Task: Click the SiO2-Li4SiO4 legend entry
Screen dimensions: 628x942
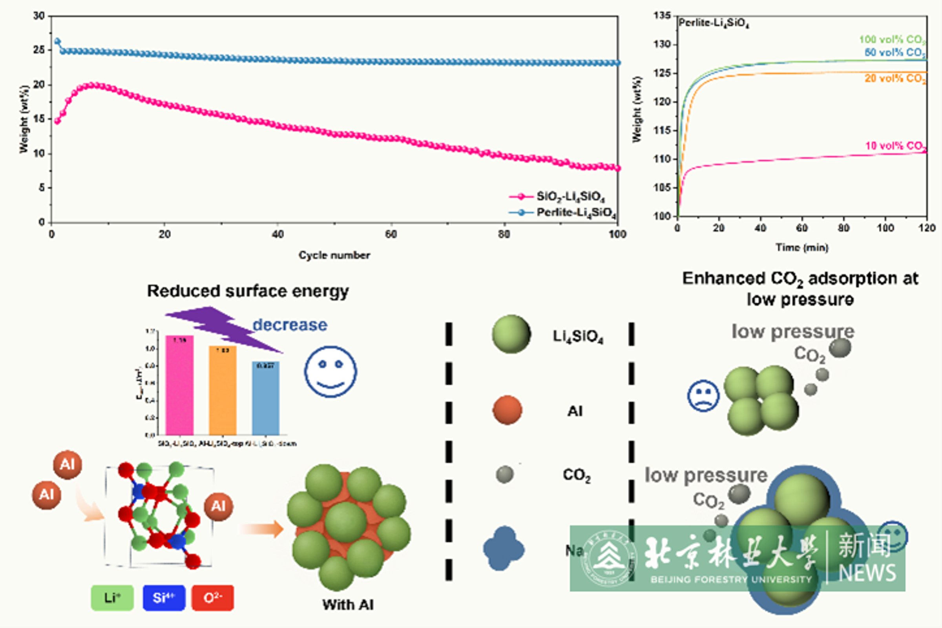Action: pos(570,196)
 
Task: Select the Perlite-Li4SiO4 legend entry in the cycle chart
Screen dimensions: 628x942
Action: pos(575,212)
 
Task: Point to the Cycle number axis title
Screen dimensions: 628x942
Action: pos(334,255)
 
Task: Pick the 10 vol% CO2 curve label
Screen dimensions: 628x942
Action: pos(895,146)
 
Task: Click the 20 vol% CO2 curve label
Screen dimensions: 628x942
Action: pos(895,78)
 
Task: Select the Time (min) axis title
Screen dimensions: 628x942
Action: pos(801,248)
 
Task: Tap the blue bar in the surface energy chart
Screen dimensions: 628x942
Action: pos(266,398)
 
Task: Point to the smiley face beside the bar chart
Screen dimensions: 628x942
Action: pos(330,372)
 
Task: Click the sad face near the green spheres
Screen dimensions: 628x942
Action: pos(703,396)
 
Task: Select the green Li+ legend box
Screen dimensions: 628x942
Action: pos(112,598)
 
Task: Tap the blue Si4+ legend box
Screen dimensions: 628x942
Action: pos(164,598)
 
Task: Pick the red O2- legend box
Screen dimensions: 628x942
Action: pos(212,598)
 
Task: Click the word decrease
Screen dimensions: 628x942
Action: pos(290,325)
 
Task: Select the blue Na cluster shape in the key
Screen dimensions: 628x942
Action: pos(504,549)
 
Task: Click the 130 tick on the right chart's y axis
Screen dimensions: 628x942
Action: pos(661,44)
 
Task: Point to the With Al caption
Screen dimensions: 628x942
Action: pos(348,605)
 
